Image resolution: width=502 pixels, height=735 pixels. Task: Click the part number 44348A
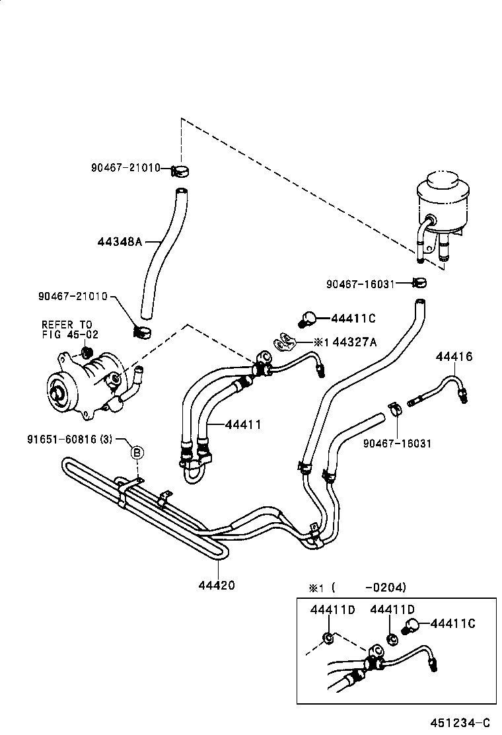coord(120,242)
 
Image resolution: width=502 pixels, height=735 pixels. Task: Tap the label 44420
coord(216,585)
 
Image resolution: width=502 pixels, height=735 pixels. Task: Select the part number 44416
coord(454,357)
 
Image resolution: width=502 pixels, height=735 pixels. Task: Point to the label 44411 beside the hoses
coord(242,424)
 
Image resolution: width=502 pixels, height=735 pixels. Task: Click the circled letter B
coord(137,452)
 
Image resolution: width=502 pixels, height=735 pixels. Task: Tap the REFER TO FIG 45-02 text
coord(69,329)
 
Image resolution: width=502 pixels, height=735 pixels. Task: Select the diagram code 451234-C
coord(462,723)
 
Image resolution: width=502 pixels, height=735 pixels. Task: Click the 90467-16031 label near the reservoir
coord(361,284)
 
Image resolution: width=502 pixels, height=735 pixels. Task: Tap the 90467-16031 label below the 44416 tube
coord(397,443)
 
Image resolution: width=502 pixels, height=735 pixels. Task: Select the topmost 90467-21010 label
coord(126,168)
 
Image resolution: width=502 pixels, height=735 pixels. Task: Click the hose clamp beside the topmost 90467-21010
coord(179,171)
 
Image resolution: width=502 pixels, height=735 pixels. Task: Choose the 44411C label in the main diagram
coord(353,319)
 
